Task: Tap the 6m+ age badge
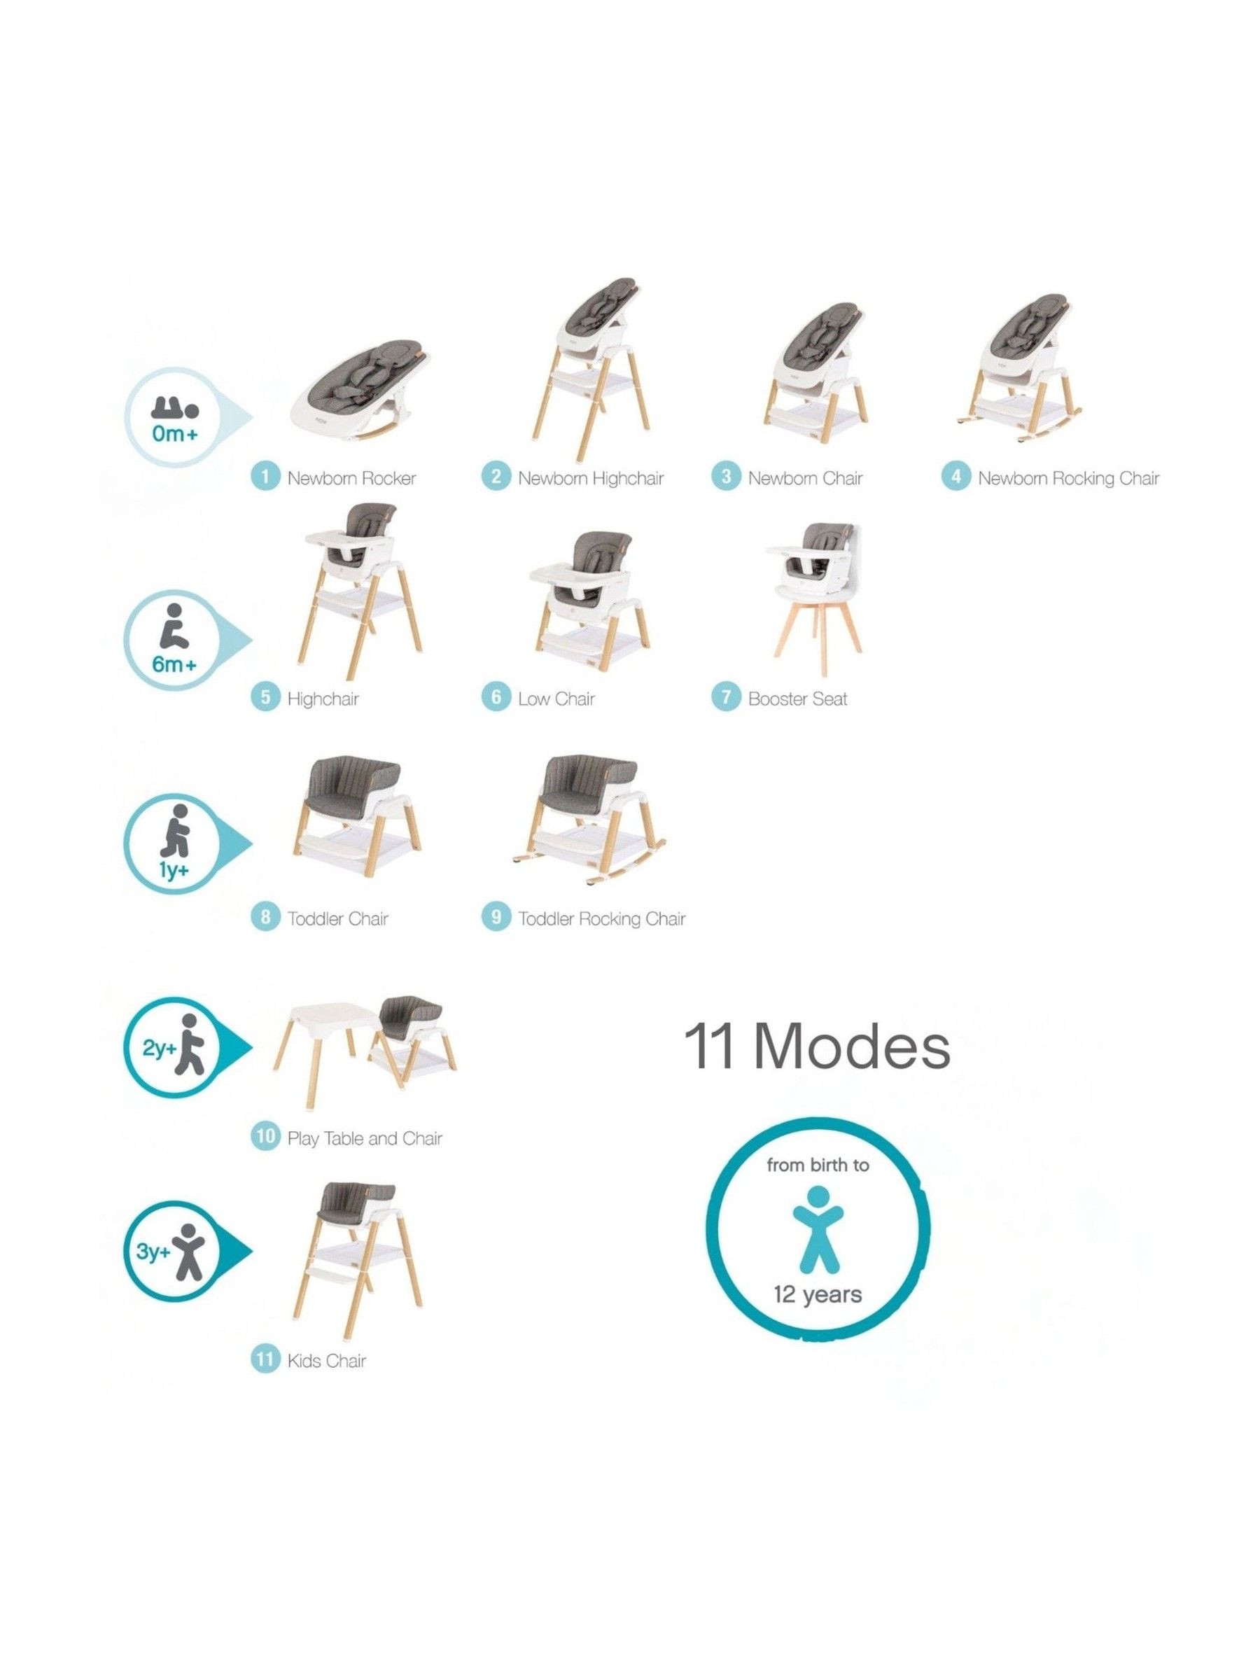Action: [x=174, y=640]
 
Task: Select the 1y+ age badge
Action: [x=174, y=843]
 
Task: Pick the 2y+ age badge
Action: [x=174, y=1048]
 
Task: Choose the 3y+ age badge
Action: [x=174, y=1252]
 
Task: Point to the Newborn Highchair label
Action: [x=590, y=477]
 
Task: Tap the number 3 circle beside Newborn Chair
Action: [x=725, y=477]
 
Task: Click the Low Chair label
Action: [x=556, y=698]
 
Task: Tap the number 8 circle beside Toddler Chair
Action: [x=265, y=918]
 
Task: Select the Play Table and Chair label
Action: [x=365, y=1137]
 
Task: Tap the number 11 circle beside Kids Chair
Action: [x=265, y=1359]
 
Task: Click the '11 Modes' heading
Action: [x=816, y=1046]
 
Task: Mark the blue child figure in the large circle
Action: [x=817, y=1229]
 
